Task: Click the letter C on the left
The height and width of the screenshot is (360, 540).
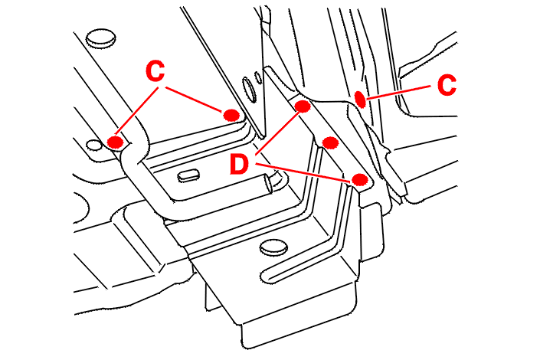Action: pyautogui.click(x=155, y=73)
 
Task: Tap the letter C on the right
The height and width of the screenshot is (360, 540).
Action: pyautogui.click(x=447, y=84)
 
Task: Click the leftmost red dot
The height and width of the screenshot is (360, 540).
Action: pyautogui.click(x=116, y=142)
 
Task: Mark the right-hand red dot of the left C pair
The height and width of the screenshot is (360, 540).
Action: pyautogui.click(x=231, y=115)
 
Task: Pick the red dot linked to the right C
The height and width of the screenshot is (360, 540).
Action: pyautogui.click(x=360, y=98)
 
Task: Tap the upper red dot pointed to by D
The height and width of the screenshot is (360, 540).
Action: pyautogui.click(x=302, y=106)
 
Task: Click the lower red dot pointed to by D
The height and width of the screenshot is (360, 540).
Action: pyautogui.click(x=360, y=180)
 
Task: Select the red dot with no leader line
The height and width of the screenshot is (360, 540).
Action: pyautogui.click(x=331, y=142)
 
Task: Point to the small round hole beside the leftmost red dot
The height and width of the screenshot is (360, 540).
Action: pyautogui.click(x=94, y=145)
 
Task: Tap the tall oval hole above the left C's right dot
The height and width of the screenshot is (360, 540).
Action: pyautogui.click(x=250, y=91)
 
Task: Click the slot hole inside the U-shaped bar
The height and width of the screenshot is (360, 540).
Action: pyautogui.click(x=189, y=175)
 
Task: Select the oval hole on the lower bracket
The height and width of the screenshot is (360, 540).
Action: pyautogui.click(x=271, y=247)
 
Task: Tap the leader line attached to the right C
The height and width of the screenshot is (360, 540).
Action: pyautogui.click(x=399, y=92)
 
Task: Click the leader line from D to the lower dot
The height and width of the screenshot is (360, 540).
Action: pyautogui.click(x=306, y=172)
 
